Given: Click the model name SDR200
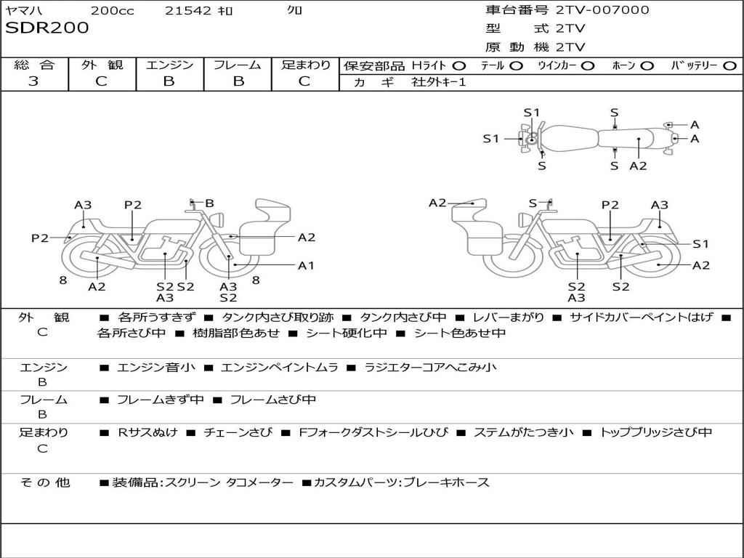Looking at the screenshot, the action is coord(47,28).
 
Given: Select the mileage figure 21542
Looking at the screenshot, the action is coord(188,10).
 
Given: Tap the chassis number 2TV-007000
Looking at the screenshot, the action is coord(602,10).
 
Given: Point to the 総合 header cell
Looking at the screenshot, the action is coord(34,65).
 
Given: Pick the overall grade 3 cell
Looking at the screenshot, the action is coord(33,81).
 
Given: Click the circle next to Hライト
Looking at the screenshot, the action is coord(459,65).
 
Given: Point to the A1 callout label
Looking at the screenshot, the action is coord(307,265).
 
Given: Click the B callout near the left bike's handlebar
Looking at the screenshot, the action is coord(209,203).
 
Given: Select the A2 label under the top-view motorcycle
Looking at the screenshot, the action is coord(638,166).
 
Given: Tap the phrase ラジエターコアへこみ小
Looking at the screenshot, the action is coord(430,368).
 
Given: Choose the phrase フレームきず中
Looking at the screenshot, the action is coord(160,400).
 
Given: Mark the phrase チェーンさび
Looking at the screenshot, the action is coord(238,432).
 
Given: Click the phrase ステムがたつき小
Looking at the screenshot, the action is coord(523,432).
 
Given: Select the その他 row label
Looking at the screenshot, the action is coord(45,482).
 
